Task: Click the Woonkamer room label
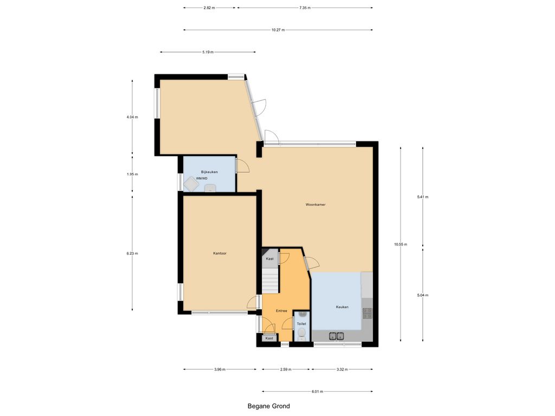(x=315, y=204)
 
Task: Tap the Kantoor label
(x=220, y=253)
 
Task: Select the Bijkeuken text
(x=209, y=172)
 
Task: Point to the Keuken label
(x=342, y=307)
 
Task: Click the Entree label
(x=281, y=311)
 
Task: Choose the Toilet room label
(x=301, y=324)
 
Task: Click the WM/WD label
(x=202, y=178)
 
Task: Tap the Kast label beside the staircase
(x=270, y=258)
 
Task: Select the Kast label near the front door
(x=269, y=338)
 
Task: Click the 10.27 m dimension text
(x=278, y=30)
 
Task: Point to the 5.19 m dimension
(x=208, y=52)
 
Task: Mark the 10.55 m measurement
(x=401, y=244)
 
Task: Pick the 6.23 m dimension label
(x=132, y=253)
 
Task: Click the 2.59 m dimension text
(x=286, y=369)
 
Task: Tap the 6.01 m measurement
(x=317, y=392)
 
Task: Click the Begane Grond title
(x=269, y=406)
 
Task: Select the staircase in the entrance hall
(x=270, y=279)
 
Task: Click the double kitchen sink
(x=336, y=336)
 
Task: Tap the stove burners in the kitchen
(x=367, y=314)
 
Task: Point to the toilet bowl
(x=301, y=333)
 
